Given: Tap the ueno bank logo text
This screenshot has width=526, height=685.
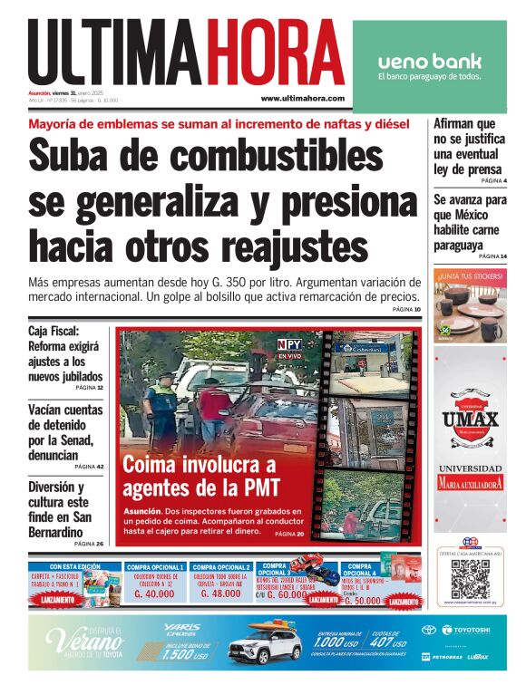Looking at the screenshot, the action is click(429, 62).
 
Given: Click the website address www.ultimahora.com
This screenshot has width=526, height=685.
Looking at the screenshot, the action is click(302, 98).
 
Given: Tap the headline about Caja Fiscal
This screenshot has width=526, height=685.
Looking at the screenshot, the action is click(65, 354).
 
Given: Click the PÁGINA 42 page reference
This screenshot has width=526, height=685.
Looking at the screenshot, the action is click(89, 467).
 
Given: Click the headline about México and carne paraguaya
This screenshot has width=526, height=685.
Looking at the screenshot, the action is click(470, 222).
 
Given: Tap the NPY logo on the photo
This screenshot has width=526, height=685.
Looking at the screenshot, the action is click(289, 343).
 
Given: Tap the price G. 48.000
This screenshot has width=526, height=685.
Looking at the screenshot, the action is click(221, 593).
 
